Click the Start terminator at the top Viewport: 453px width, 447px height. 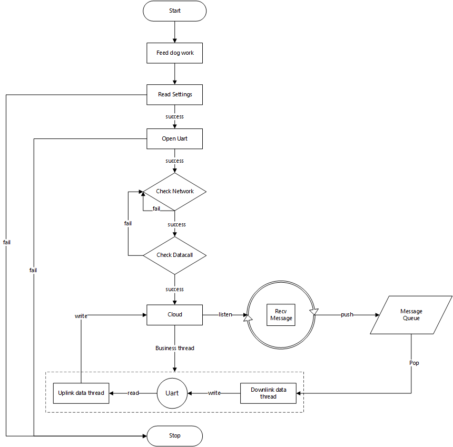(x=174, y=11)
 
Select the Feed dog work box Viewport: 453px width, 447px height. (x=174, y=53)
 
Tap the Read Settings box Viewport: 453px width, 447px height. (x=174, y=95)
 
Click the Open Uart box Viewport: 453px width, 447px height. (x=174, y=139)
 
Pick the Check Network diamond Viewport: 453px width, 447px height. (x=174, y=191)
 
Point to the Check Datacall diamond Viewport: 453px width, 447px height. (x=174, y=255)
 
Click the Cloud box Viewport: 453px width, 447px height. (x=174, y=314)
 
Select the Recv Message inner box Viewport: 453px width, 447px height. (x=281, y=315)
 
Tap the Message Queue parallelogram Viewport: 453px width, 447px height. (x=411, y=315)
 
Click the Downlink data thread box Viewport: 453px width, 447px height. (x=268, y=393)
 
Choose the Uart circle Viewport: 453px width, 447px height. (x=172, y=393)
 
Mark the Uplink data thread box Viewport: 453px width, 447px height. (x=81, y=393)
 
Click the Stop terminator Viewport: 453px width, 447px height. (x=174, y=436)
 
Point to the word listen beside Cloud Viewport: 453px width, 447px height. (x=225, y=314)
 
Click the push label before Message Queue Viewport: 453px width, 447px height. (x=347, y=314)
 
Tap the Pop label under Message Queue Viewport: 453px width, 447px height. (x=414, y=363)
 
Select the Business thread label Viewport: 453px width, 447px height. (x=174, y=348)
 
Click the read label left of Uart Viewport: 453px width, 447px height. (x=133, y=393)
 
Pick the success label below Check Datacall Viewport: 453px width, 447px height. (x=174, y=289)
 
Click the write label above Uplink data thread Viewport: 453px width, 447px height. (x=81, y=316)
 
